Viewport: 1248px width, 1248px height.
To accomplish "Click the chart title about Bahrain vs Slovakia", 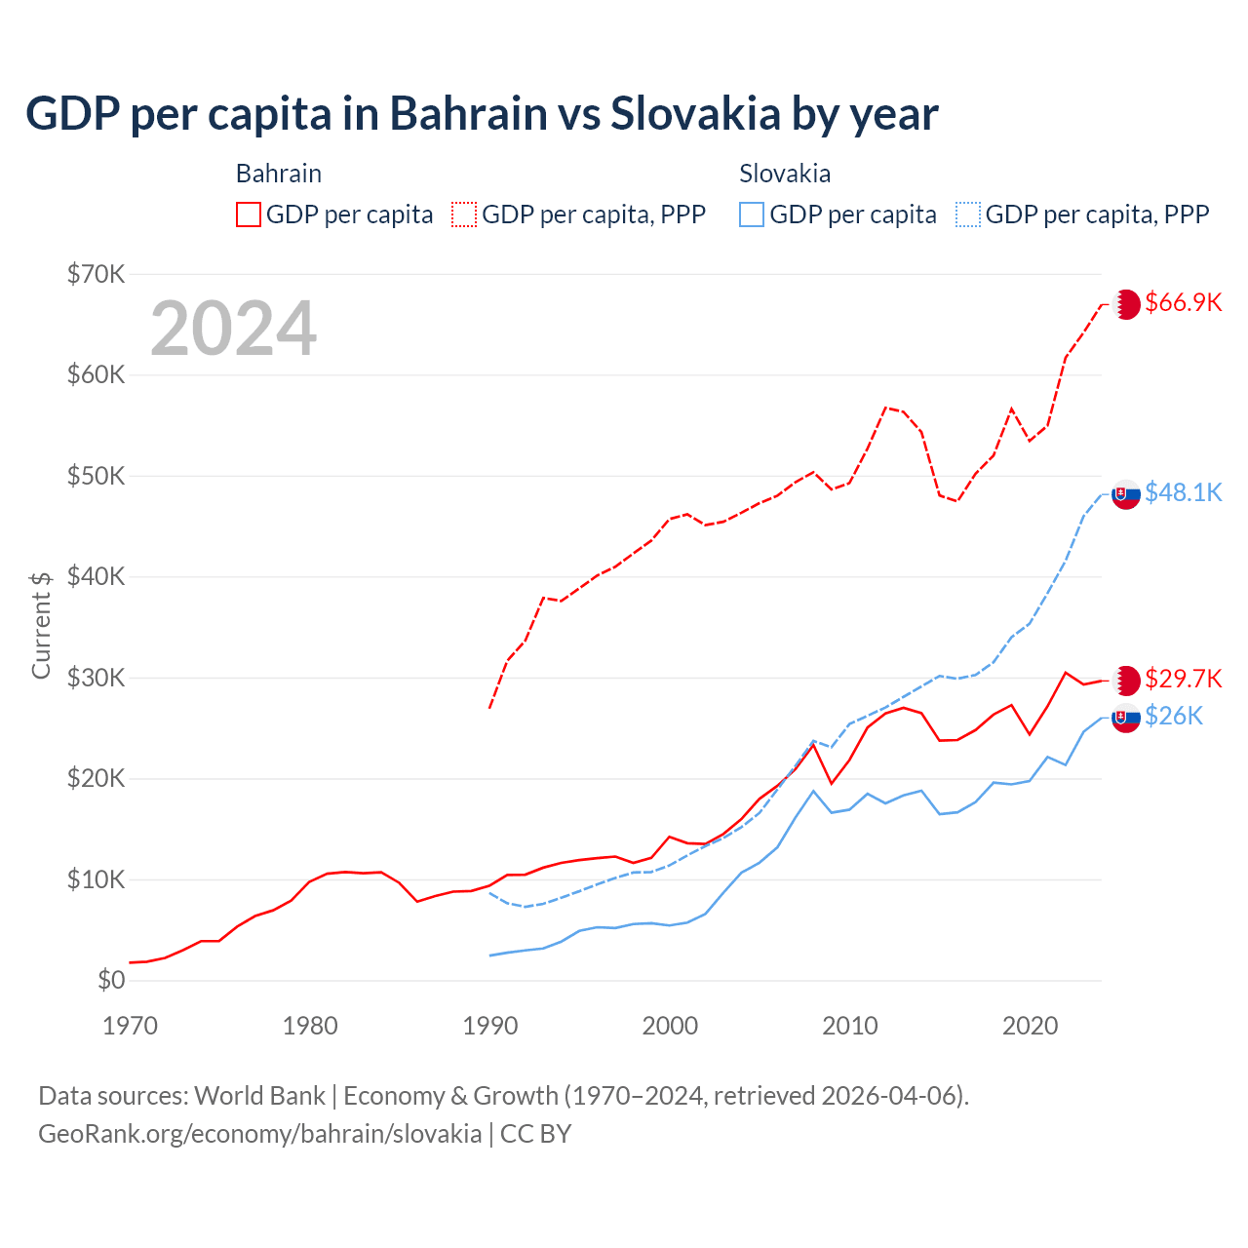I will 482,113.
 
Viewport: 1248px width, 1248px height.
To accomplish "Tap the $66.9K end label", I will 1183,302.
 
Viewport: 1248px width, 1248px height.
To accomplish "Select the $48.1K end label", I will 1183,492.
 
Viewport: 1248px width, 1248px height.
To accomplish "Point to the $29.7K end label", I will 1183,679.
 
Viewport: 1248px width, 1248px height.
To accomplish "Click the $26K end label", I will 1174,717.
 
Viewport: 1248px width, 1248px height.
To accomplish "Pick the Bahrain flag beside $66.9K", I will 1126,304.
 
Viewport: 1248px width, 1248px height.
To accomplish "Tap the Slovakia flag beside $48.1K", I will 1126,495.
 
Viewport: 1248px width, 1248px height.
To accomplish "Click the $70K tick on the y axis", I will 96,274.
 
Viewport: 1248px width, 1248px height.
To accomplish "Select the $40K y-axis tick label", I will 96,576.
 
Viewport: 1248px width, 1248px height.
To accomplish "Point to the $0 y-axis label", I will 111,980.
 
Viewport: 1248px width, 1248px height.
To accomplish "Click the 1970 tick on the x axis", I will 130,1026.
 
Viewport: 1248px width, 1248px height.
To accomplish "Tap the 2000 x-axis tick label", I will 670,1026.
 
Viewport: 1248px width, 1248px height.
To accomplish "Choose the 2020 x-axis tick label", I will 1031,1026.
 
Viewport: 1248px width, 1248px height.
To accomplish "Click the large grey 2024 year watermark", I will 234,328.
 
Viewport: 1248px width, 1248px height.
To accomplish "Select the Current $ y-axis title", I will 41,625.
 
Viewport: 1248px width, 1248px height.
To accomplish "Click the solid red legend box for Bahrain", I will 249,214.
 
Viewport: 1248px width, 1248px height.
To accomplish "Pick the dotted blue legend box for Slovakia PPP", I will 968,214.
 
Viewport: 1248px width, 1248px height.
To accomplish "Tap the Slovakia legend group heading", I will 785,174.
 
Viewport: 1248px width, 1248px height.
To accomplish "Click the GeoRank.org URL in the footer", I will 259,1134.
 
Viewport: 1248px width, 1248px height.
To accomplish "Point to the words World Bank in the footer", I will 259,1096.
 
